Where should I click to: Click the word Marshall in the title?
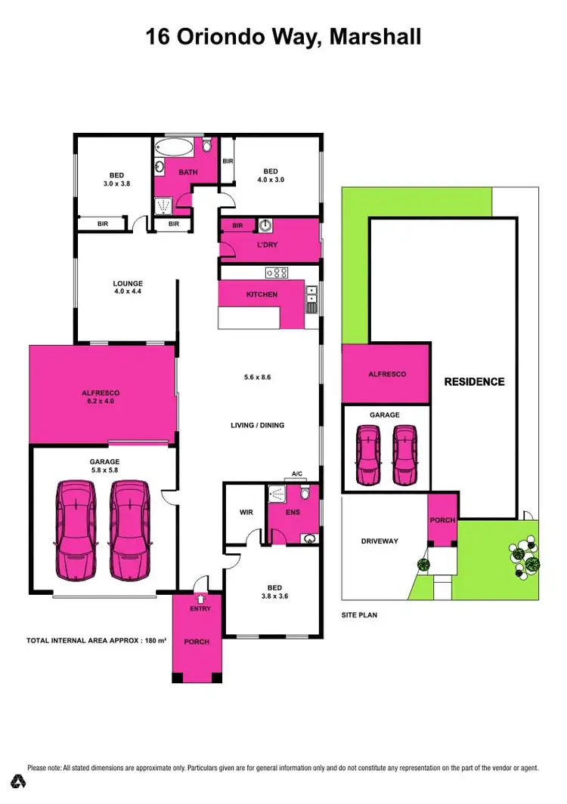tap(376, 37)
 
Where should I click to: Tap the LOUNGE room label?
tap(128, 284)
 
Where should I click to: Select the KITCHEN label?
tap(262, 294)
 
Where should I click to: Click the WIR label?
tap(246, 513)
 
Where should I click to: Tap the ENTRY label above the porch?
tap(200, 608)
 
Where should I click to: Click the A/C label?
tap(297, 474)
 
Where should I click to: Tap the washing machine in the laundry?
tap(265, 225)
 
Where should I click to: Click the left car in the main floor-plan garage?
tap(76, 531)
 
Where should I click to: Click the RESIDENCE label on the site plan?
tap(474, 381)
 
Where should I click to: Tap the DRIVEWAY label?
tap(380, 541)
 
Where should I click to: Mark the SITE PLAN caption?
tap(359, 615)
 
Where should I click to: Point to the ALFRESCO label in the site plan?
tap(387, 374)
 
